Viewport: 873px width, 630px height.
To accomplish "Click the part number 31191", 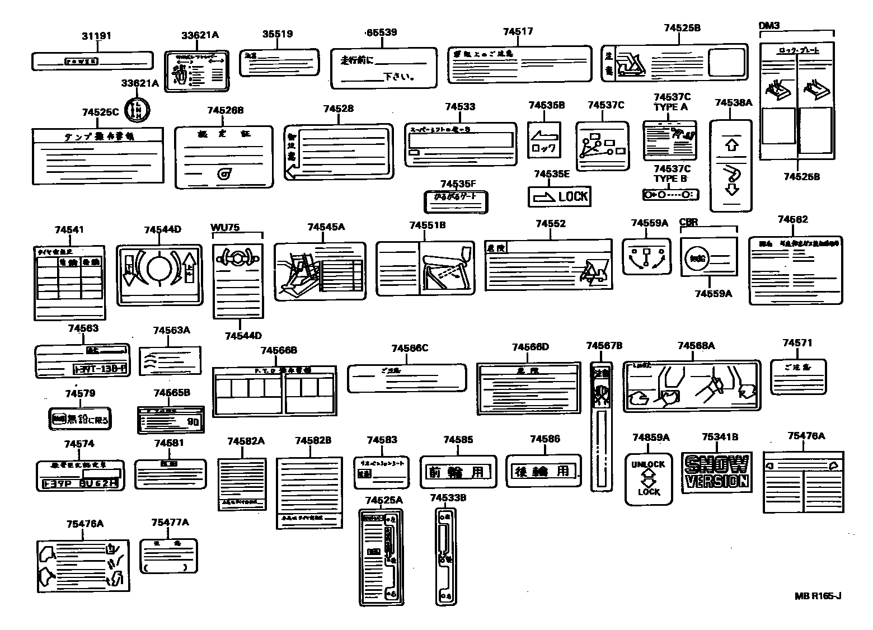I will pos(96,36).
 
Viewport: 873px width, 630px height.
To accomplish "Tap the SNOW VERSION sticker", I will pos(716,473).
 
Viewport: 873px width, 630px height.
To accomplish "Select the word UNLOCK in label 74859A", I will pos(648,464).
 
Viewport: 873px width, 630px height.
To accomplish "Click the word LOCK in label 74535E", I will pos(573,196).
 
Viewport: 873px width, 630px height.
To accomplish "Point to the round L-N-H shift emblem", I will pos(135,110).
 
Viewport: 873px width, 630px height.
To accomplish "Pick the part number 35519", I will pos(277,34).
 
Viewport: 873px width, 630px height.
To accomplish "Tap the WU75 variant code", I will pos(225,227).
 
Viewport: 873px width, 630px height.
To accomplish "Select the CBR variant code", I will pos(688,222).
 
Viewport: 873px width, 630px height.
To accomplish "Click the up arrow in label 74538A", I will pos(731,145).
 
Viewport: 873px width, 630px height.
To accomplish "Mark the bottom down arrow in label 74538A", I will pos(731,189).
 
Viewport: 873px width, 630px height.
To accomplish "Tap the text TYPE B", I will pos(670,178).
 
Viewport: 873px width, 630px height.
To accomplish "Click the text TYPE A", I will pos(670,107).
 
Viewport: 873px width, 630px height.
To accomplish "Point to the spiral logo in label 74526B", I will pos(226,174).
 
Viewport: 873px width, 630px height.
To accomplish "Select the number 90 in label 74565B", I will pos(193,421).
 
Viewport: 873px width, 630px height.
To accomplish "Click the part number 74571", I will pos(797,343).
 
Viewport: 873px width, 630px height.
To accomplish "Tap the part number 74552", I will pos(550,224).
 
